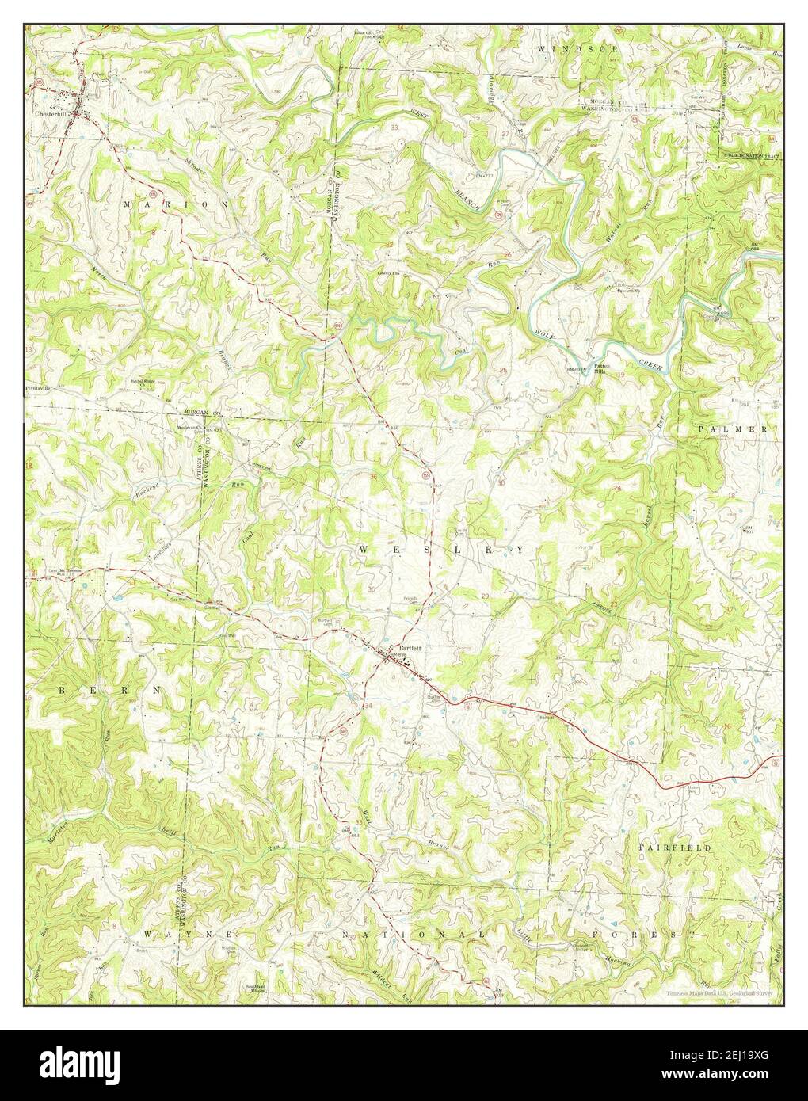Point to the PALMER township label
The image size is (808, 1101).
pos(733,429)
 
